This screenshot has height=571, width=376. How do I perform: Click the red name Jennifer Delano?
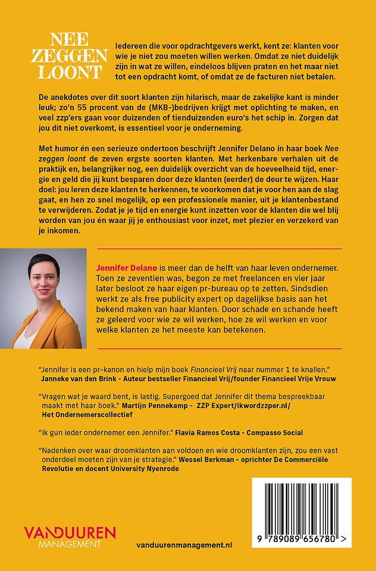click(126, 269)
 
